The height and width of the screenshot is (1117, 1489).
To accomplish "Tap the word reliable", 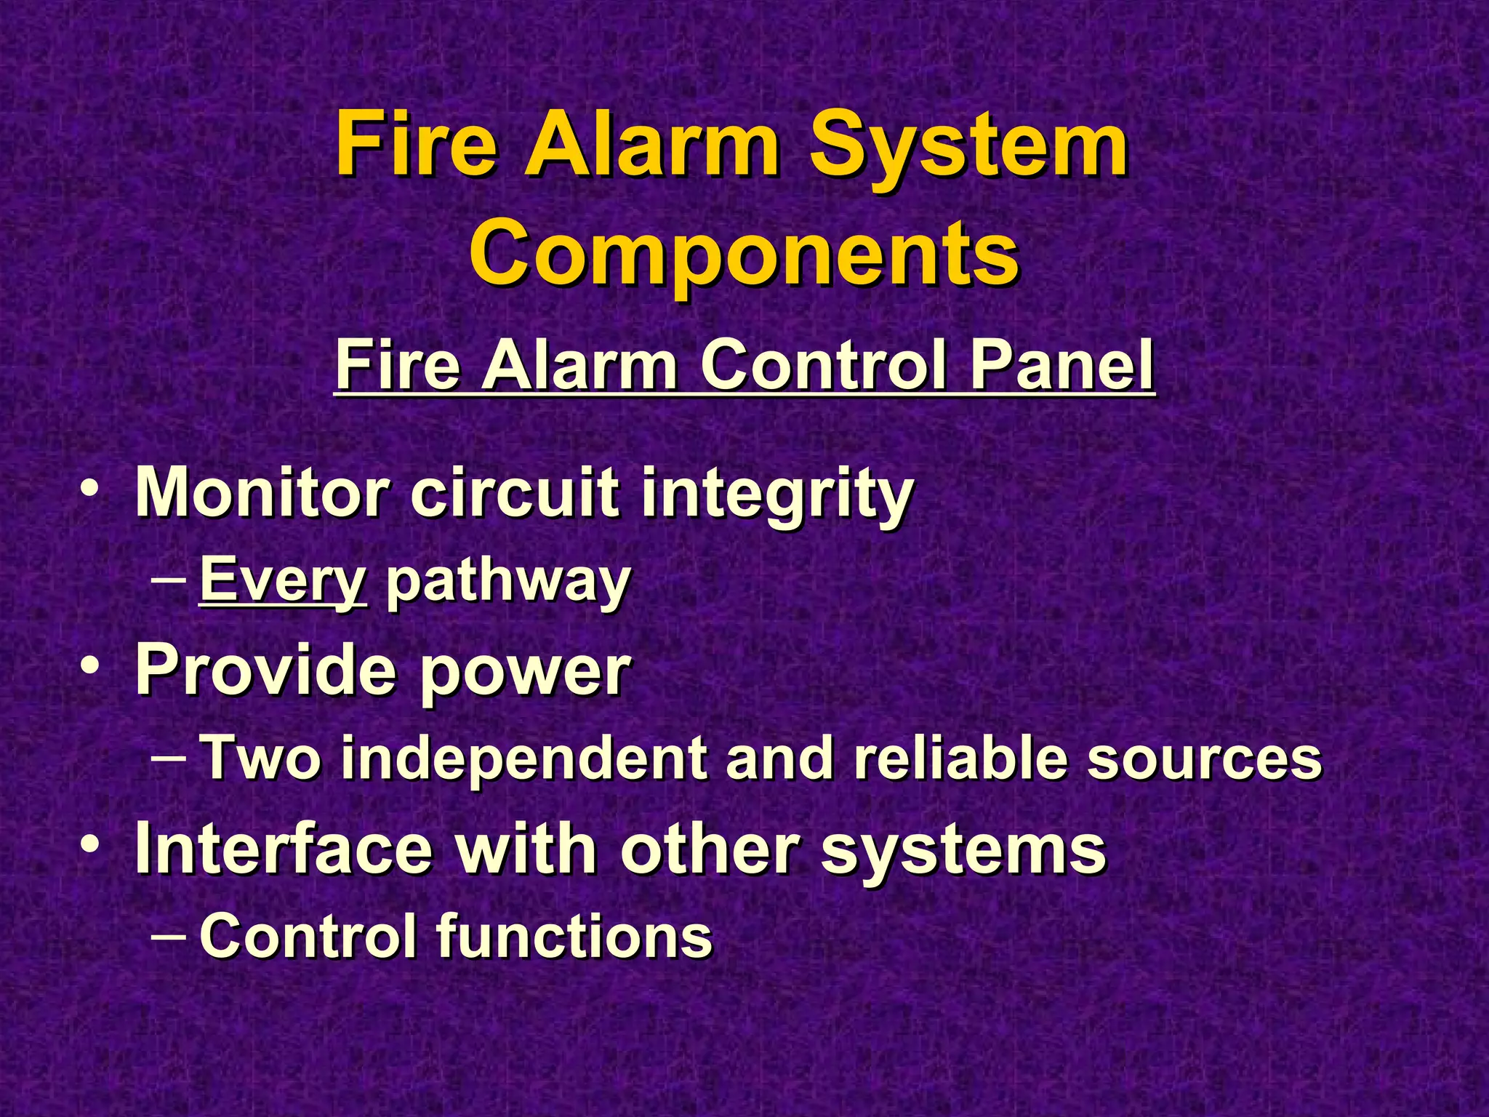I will point(960,758).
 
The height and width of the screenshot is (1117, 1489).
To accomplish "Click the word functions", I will point(574,936).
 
